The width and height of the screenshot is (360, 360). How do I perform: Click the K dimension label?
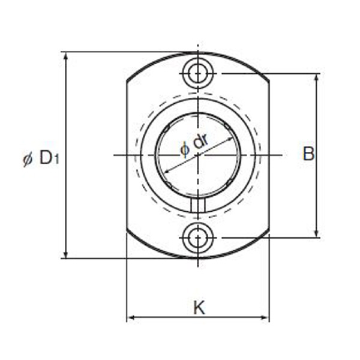199,308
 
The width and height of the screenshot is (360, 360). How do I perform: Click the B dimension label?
308,154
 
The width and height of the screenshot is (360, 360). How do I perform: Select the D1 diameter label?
41,158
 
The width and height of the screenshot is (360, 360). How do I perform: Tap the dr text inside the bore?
200,141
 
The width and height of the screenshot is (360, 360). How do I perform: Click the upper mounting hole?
198,73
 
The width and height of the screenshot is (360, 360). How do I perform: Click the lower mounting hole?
198,238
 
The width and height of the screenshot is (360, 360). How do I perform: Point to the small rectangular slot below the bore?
197,205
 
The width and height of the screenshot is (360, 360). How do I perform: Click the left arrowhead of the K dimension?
131,318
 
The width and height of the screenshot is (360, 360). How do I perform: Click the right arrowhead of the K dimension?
265,318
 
